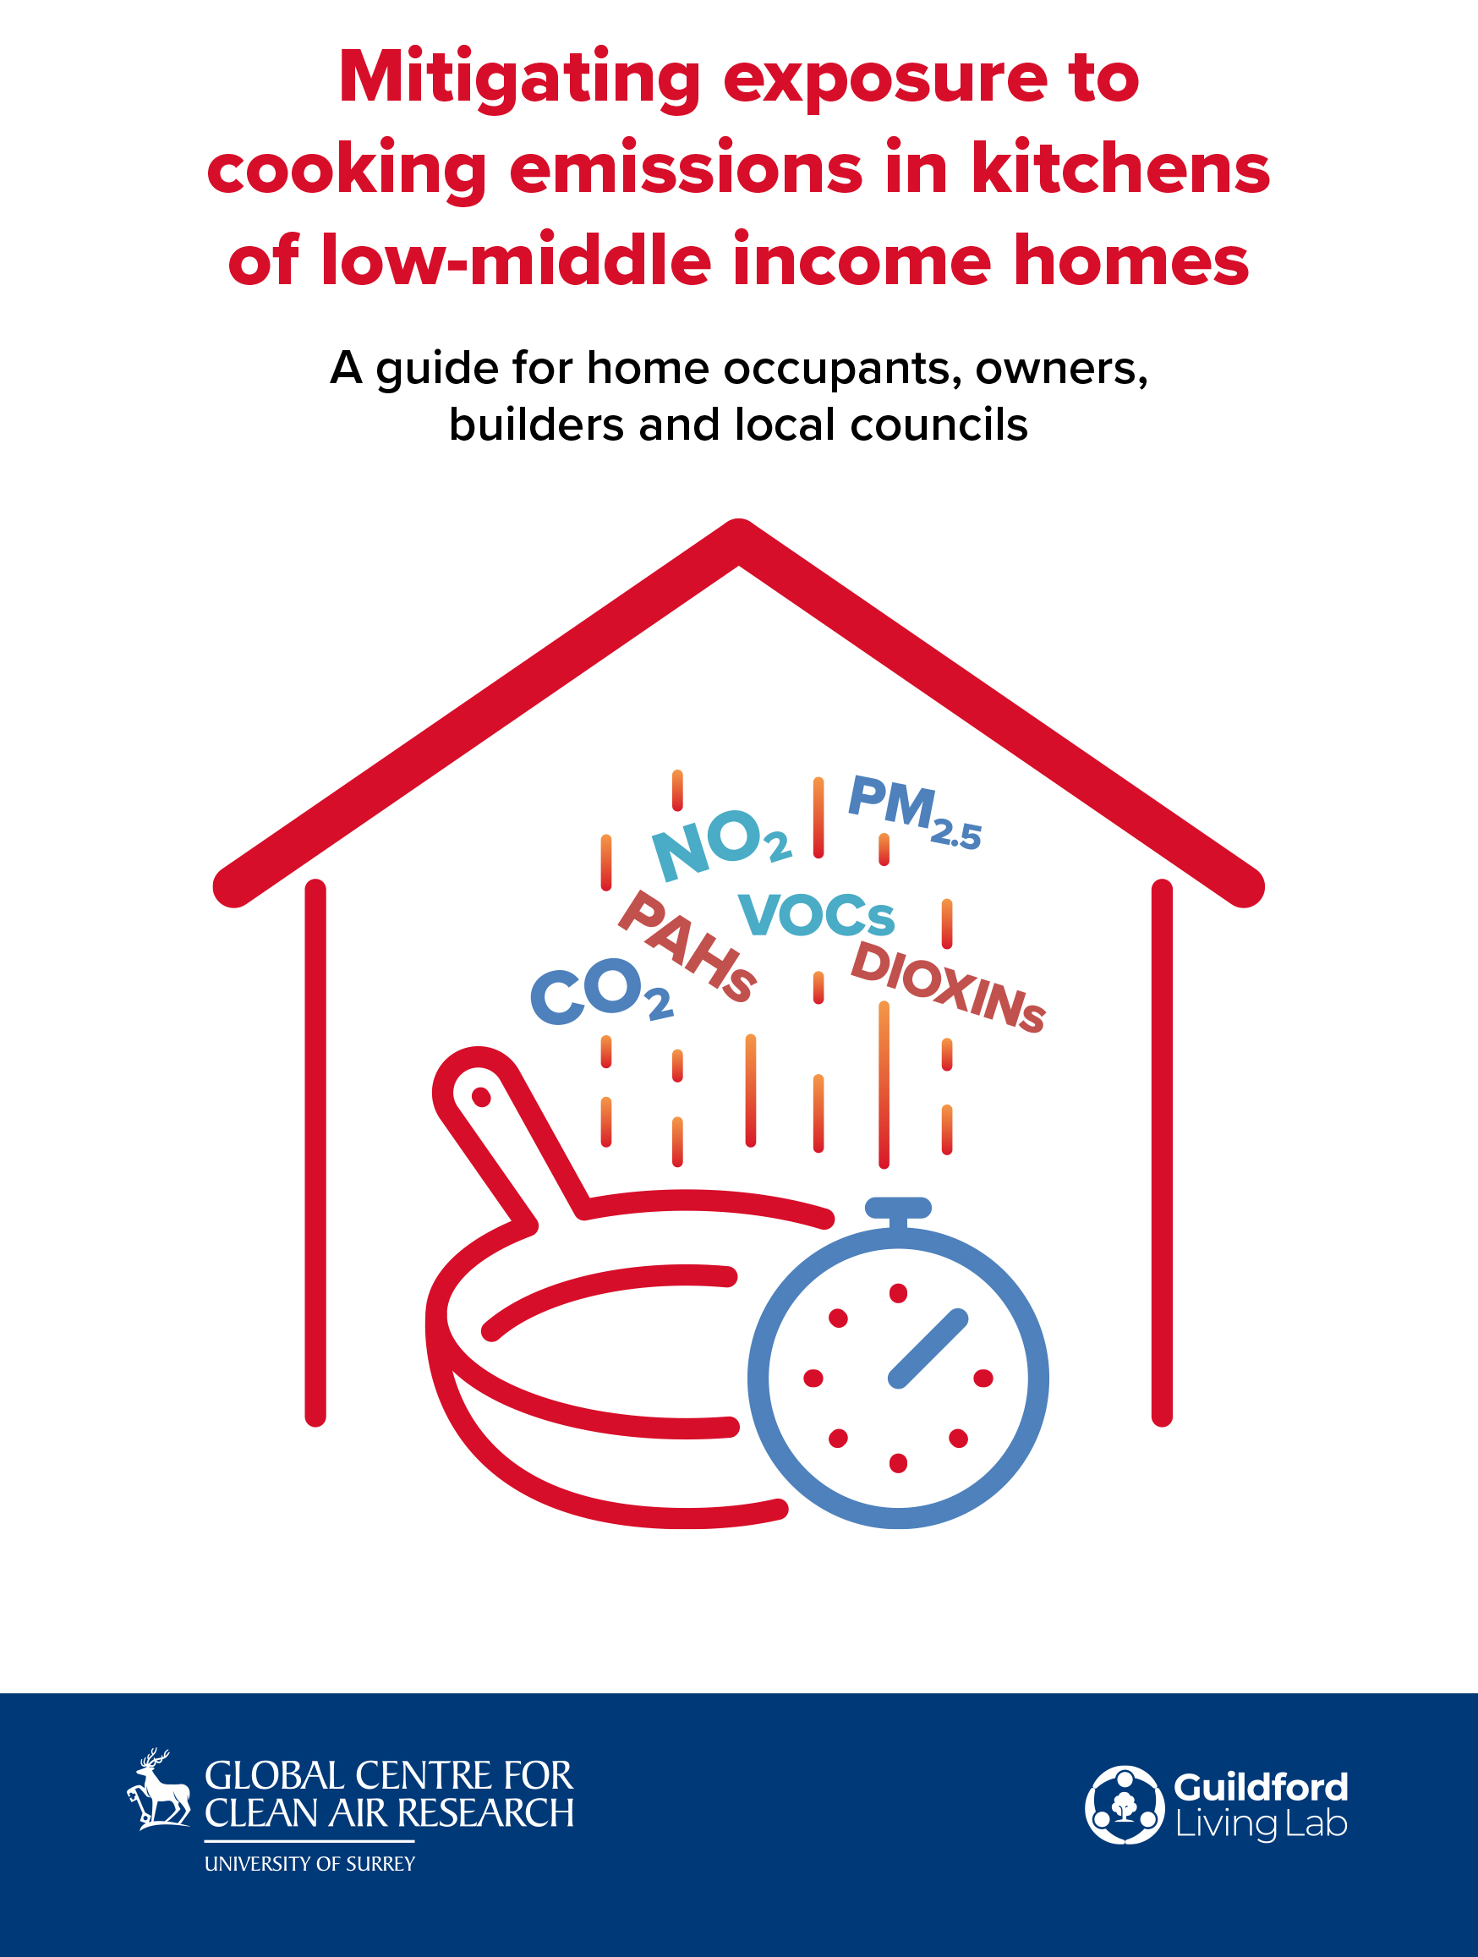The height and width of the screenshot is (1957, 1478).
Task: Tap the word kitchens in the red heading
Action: point(1120,168)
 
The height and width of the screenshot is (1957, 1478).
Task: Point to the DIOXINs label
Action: point(948,986)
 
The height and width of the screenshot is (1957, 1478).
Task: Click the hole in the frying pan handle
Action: point(481,1097)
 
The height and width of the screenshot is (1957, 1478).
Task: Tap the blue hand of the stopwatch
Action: point(928,1348)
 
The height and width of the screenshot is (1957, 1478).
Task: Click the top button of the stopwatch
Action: point(898,1208)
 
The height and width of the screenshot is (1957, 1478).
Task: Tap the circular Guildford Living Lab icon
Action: point(1125,1805)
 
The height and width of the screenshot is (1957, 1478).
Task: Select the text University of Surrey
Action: point(309,1863)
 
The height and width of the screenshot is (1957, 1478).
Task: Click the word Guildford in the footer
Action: point(1261,1787)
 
